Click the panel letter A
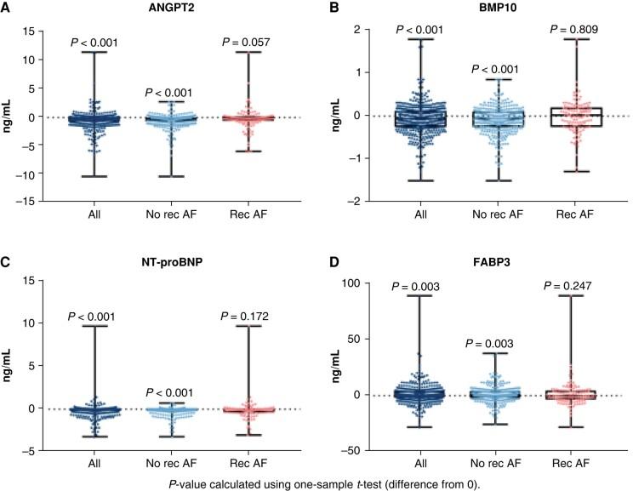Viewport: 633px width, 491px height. (x=7, y=9)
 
